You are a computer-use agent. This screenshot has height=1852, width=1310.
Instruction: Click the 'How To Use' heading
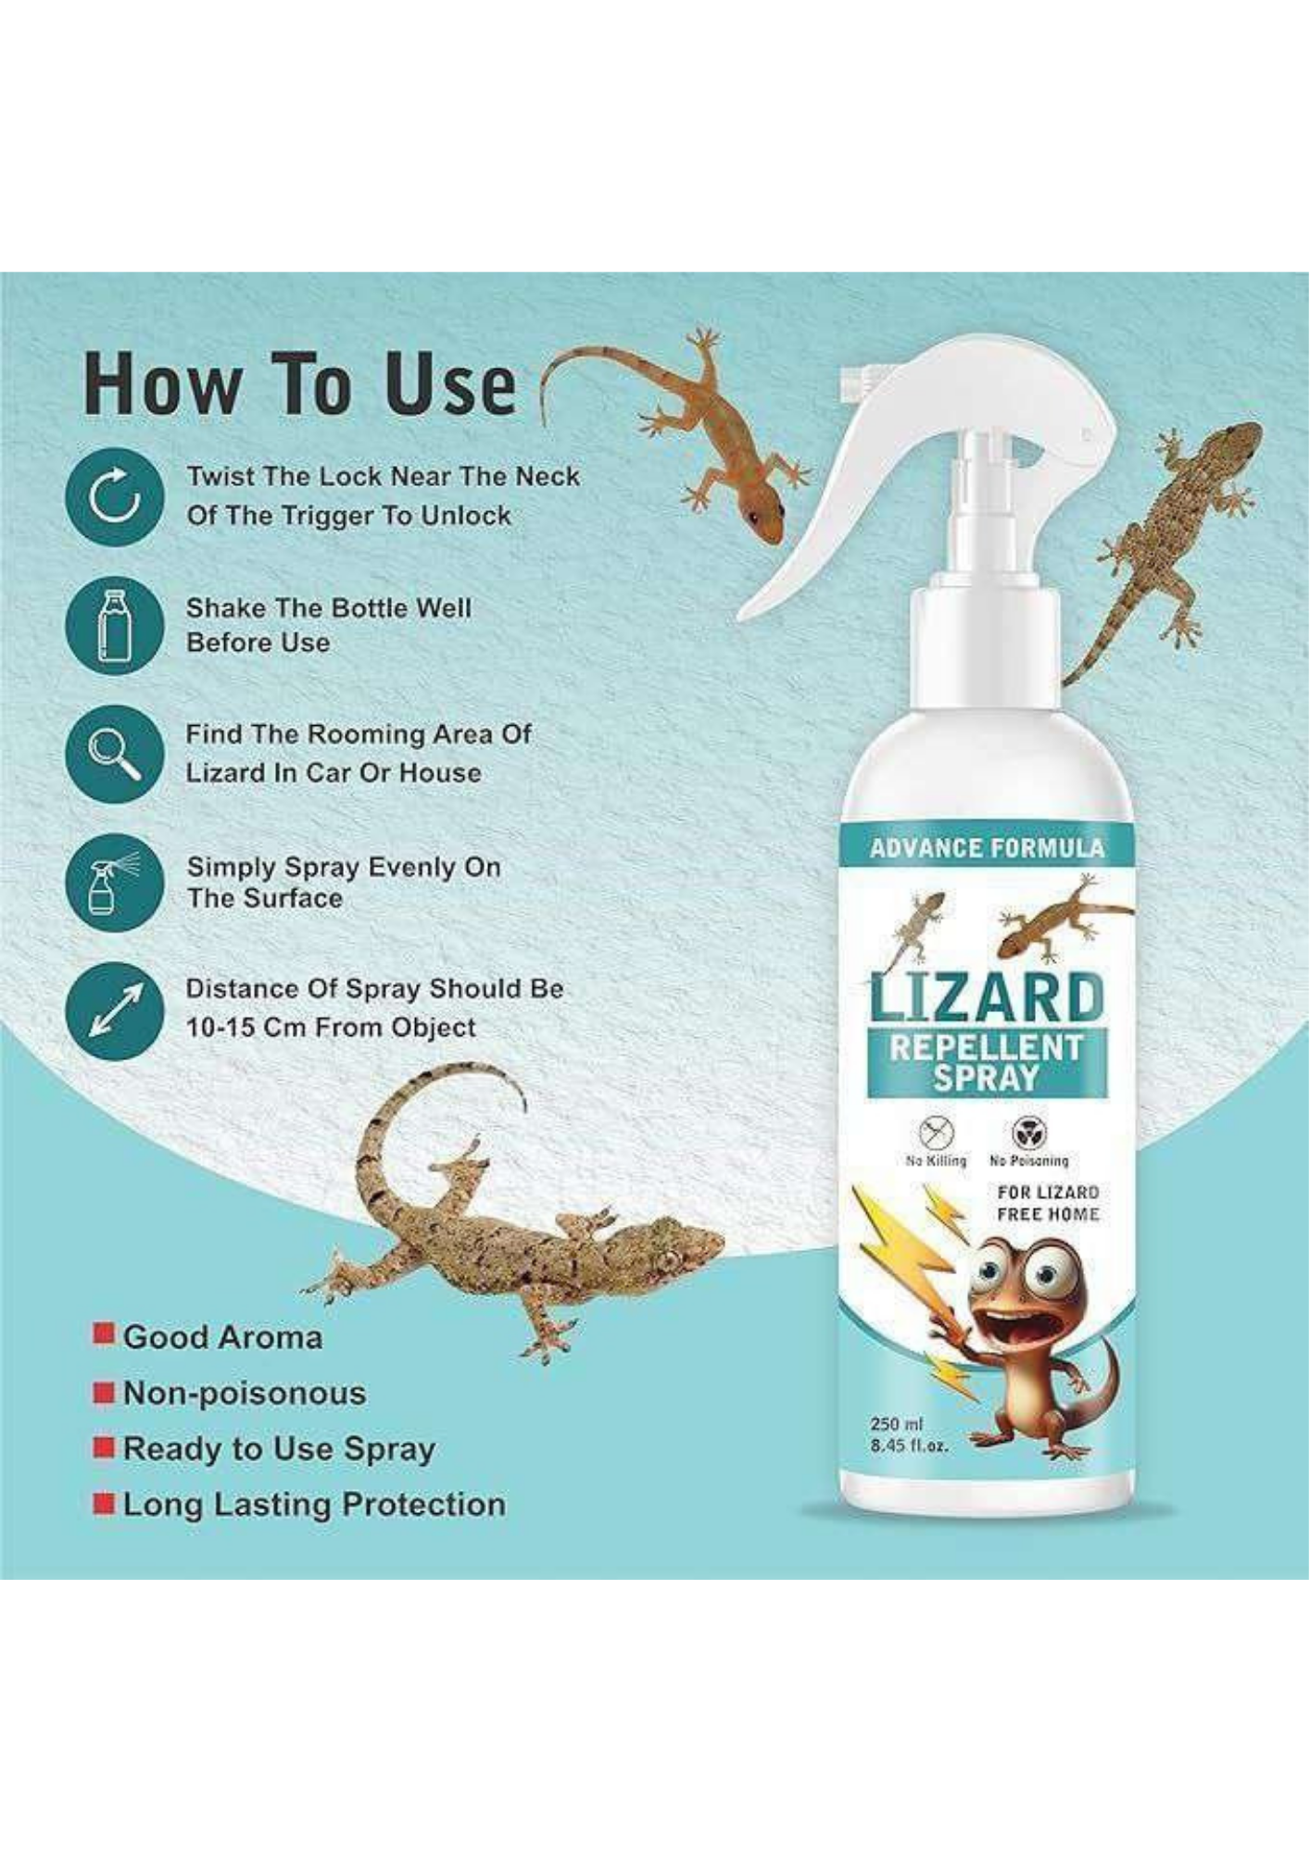pyautogui.click(x=299, y=384)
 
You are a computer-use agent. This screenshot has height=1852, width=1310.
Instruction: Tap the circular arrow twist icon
pyautogui.click(x=115, y=497)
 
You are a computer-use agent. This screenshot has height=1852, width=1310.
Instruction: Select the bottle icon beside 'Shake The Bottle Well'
pyautogui.click(x=115, y=626)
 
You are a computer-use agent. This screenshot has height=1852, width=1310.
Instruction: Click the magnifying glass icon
pyautogui.click(x=115, y=753)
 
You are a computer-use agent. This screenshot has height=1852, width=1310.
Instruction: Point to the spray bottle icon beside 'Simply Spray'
pyautogui.click(x=115, y=882)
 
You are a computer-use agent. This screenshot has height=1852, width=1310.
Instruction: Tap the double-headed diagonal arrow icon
pyautogui.click(x=115, y=1010)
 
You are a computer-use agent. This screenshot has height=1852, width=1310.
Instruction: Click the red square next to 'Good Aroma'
pyautogui.click(x=105, y=1333)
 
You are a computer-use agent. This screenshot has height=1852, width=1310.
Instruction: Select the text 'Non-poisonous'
pyautogui.click(x=245, y=1393)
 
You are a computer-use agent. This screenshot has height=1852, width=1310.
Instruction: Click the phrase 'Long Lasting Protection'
pyautogui.click(x=314, y=1505)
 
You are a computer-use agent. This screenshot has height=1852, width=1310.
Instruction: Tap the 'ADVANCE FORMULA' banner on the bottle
pyautogui.click(x=986, y=848)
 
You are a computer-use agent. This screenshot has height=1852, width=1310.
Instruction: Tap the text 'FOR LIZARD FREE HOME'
pyautogui.click(x=1048, y=1203)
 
